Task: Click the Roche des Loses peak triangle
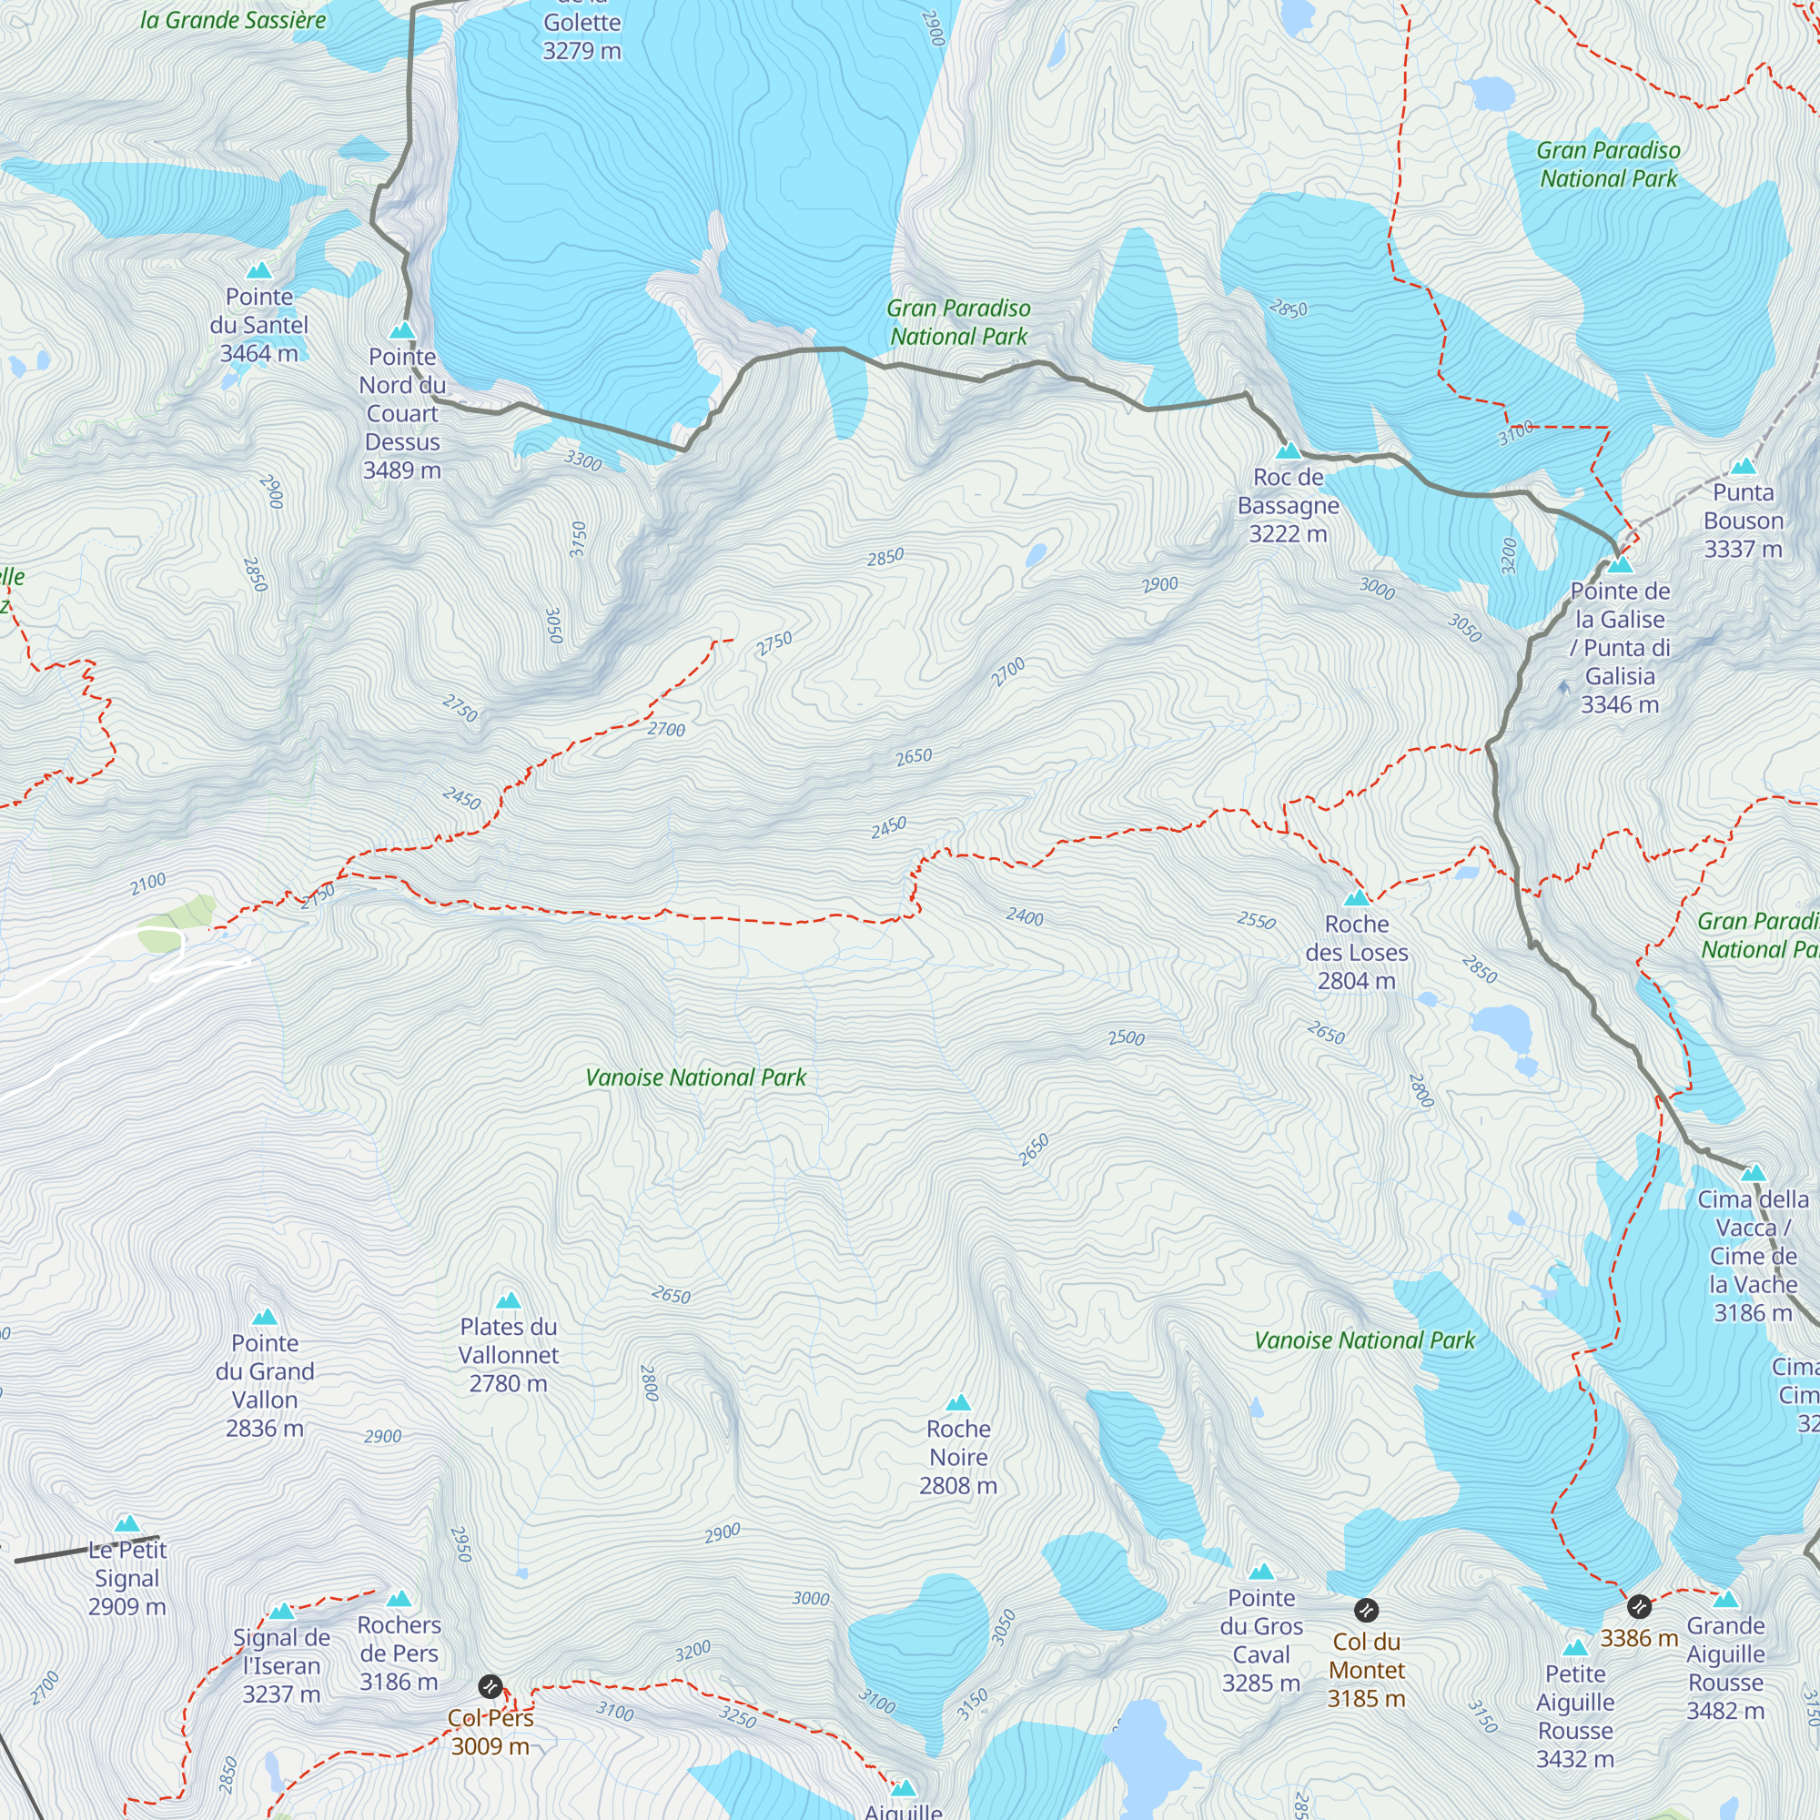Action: pyautogui.click(x=1357, y=898)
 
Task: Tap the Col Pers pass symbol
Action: pyautogui.click(x=490, y=1685)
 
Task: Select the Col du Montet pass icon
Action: pyautogui.click(x=1366, y=1609)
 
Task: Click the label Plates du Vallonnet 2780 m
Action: pyautogui.click(x=509, y=1355)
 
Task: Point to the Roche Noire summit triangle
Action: pyautogui.click(x=958, y=1402)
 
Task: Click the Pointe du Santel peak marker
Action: pyautogui.click(x=259, y=271)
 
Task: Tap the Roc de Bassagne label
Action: pyautogui.click(x=1288, y=505)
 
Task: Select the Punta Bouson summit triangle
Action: pyautogui.click(x=1744, y=466)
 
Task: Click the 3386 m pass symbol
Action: pyautogui.click(x=1639, y=1606)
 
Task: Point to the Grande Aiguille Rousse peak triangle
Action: pyautogui.click(x=1725, y=1600)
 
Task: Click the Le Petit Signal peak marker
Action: pyautogui.click(x=127, y=1524)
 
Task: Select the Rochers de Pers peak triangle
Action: pyautogui.click(x=399, y=1600)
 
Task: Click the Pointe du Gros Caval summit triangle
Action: pyautogui.click(x=1261, y=1572)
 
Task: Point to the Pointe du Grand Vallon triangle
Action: pyautogui.click(x=265, y=1317)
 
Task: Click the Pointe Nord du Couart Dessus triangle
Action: pyautogui.click(x=402, y=330)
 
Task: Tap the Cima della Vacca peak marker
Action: pyautogui.click(x=1754, y=1174)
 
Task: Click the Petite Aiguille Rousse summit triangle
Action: pyautogui.click(x=1575, y=1649)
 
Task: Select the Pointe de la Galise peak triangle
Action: pyautogui.click(x=1620, y=565)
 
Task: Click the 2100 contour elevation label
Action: pyautogui.click(x=148, y=884)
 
